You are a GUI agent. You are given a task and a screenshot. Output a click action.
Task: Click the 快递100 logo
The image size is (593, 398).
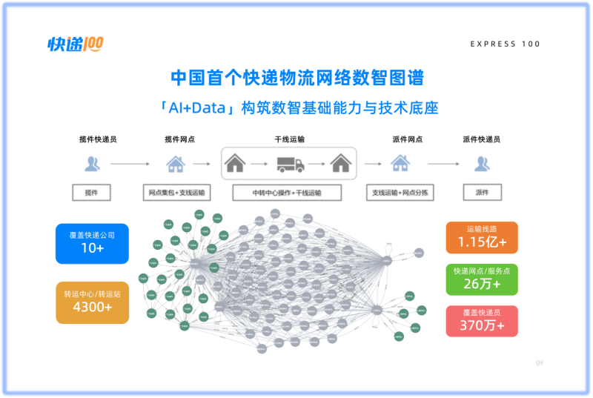(x=75, y=44)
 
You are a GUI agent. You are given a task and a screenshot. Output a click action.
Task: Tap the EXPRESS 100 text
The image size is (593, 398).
(x=505, y=44)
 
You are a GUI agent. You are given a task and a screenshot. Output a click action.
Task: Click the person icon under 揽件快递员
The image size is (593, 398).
(x=92, y=164)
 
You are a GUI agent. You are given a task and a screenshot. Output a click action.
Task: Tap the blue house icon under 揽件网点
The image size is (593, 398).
(x=175, y=164)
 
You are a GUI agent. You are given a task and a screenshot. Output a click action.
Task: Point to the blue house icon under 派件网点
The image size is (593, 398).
(x=400, y=164)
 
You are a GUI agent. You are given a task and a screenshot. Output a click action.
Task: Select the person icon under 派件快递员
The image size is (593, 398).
(x=482, y=164)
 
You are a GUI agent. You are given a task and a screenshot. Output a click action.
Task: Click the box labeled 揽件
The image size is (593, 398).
(x=91, y=193)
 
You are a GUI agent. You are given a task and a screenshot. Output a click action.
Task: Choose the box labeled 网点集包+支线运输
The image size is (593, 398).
(x=176, y=193)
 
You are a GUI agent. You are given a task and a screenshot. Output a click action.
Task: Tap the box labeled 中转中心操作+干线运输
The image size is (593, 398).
(x=287, y=193)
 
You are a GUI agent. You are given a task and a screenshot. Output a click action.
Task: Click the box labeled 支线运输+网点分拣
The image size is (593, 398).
(x=400, y=193)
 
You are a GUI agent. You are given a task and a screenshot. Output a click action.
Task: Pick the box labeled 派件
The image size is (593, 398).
(x=482, y=193)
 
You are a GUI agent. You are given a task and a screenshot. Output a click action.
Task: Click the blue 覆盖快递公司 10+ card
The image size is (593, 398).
(x=92, y=243)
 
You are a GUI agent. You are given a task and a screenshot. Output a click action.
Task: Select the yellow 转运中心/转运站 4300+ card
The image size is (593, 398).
(x=92, y=302)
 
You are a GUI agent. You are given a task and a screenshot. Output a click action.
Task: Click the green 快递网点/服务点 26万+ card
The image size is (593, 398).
(x=482, y=279)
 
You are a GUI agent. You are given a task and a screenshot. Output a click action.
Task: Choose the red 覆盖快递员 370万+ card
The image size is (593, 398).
(x=482, y=320)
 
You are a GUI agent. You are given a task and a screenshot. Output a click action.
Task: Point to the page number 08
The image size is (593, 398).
(x=540, y=362)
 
